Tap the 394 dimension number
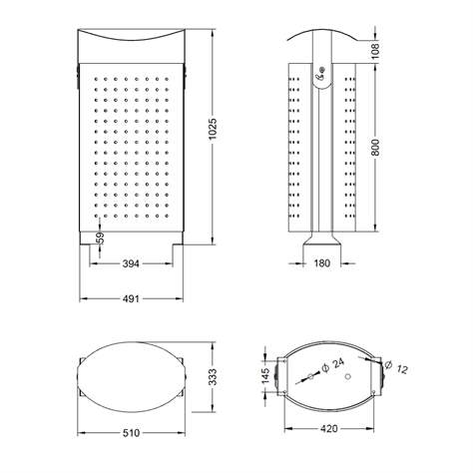tap(130, 263)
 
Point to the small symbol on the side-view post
tap(322, 71)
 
